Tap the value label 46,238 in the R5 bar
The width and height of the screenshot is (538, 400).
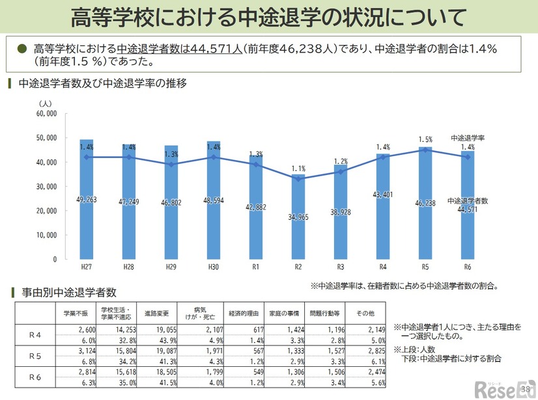tap(425, 203)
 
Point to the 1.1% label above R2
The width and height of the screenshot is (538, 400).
tap(298, 168)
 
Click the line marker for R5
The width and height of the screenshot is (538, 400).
tap(425, 150)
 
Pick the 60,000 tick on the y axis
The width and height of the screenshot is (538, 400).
tap(48, 113)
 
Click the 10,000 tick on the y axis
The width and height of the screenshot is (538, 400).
tap(48, 235)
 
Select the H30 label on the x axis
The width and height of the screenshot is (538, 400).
tap(213, 267)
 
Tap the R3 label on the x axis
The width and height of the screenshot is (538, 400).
tap(341, 267)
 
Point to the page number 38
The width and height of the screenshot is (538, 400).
tap(526, 389)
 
